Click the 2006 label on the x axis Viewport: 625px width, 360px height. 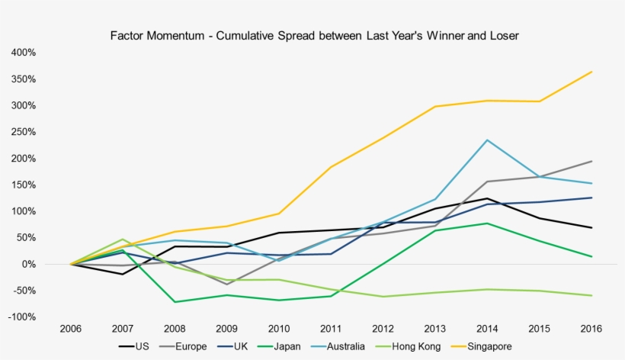tap(70, 329)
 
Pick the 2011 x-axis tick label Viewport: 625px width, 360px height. tap(331, 329)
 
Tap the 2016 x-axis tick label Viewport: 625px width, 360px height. tap(591, 329)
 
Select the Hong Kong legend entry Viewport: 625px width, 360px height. tap(412, 346)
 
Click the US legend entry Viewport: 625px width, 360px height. tap(142, 346)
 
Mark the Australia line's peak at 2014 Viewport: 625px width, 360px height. tap(486, 140)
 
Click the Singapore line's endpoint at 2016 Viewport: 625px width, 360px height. tap(591, 72)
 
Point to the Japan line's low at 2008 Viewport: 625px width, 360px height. tap(175, 302)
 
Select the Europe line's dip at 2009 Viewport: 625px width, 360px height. tap(226, 284)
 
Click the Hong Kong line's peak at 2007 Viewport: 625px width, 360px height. tap(123, 239)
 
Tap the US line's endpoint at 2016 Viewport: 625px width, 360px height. tap(591, 228)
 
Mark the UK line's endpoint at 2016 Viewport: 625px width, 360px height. tap(591, 198)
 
